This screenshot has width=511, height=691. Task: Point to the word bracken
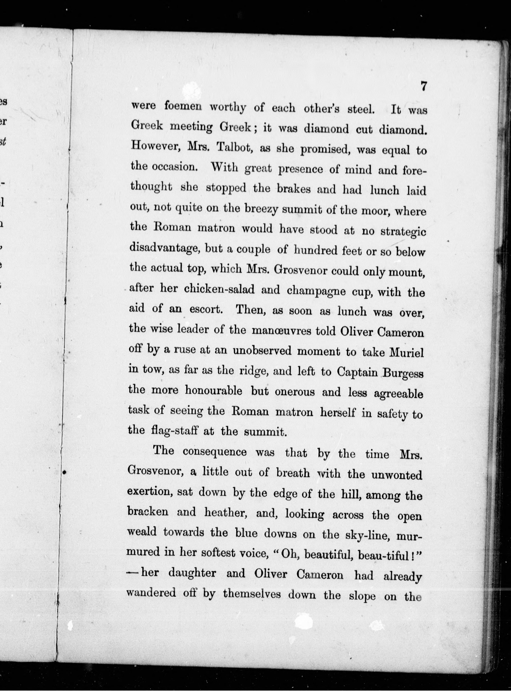148,511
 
